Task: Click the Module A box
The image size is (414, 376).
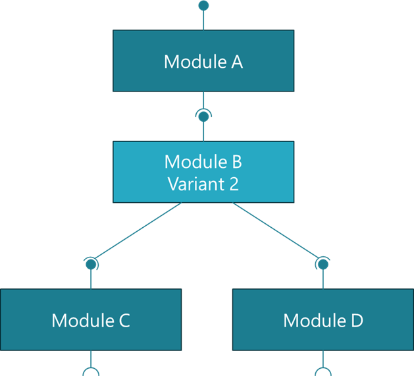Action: pos(203,61)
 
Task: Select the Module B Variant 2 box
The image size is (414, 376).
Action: pos(203,172)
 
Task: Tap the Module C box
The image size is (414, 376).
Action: pos(91,320)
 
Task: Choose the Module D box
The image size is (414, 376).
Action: pos(323,320)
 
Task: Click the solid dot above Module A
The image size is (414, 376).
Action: pos(203,5)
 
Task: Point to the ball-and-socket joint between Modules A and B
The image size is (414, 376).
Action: pos(203,117)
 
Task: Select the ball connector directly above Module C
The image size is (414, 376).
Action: pos(91,264)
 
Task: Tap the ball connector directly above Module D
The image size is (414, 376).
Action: pos(323,264)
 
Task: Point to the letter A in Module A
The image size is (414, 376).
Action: pos(236,62)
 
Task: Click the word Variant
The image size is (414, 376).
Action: pos(195,183)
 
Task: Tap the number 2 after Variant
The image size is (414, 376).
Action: pos(233,183)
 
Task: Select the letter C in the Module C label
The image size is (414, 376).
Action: pos(124,321)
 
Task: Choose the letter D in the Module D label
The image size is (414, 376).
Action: pos(355,321)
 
